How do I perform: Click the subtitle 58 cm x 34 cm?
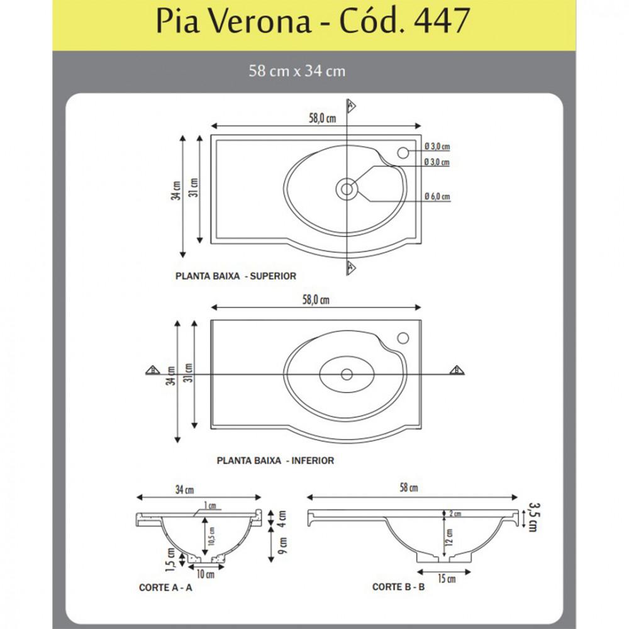pos(297,71)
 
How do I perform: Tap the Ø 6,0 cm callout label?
pos(437,197)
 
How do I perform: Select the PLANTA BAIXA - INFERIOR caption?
pos(276,460)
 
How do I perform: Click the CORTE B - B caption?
pos(399,587)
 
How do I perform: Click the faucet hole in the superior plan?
pos(403,152)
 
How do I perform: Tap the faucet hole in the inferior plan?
pos(403,338)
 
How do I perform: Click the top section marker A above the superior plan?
pos(351,106)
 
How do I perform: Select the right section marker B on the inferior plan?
pos(457,370)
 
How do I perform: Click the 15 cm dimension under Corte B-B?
pos(447,578)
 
